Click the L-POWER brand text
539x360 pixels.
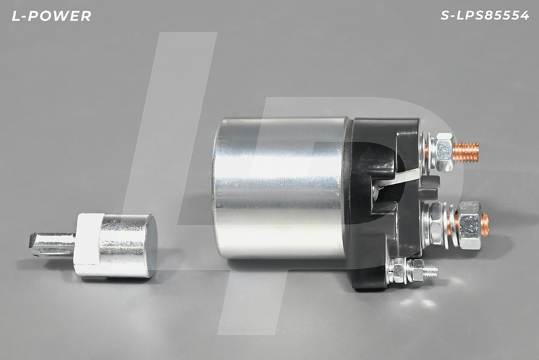point(52,16)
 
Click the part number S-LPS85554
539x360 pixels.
point(484,15)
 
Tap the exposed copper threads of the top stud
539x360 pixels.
point(466,152)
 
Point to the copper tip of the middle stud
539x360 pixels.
point(484,224)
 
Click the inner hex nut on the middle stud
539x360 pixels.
point(437,224)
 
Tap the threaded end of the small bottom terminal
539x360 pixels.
point(431,270)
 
